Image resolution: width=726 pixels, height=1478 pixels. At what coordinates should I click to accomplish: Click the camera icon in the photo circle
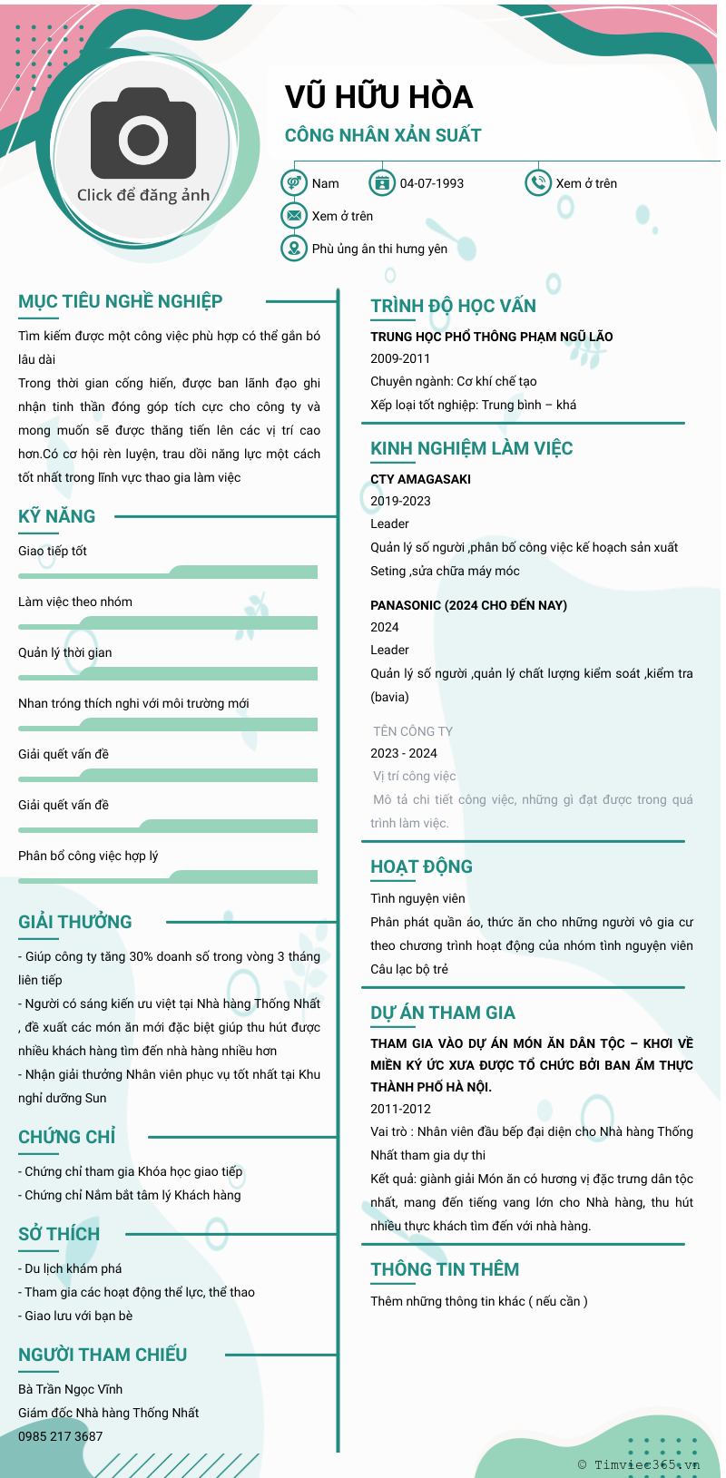143,138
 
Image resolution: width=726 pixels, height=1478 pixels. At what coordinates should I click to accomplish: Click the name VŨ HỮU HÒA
378,97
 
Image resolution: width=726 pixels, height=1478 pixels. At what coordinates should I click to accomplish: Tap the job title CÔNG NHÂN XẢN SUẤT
383,135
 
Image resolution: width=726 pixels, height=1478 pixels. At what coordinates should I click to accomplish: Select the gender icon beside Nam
293,183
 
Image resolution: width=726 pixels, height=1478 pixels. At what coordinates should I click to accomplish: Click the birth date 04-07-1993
431,183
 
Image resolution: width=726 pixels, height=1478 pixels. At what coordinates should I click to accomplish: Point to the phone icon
538,183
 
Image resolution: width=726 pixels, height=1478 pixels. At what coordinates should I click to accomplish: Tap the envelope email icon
293,216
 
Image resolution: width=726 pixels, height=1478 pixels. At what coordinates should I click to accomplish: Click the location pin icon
293,248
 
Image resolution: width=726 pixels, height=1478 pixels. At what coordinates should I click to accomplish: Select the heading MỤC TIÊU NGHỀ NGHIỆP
120,301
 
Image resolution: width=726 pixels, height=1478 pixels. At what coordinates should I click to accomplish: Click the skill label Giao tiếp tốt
53,551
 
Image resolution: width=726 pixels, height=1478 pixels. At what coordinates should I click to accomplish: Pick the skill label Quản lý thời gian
65,652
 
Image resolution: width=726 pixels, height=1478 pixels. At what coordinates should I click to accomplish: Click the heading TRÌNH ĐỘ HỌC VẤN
453,306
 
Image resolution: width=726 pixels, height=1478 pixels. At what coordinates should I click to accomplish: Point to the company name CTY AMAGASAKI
420,479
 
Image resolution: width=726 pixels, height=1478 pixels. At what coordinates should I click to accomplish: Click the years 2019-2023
400,501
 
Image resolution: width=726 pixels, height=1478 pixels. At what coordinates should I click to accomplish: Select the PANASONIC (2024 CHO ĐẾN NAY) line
468,605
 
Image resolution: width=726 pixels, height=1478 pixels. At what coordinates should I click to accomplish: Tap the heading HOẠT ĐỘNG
421,866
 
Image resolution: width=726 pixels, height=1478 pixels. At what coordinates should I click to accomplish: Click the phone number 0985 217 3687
61,1436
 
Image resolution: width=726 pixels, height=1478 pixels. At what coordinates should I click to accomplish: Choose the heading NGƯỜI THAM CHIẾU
103,1355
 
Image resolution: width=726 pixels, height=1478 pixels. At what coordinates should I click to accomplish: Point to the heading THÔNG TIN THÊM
445,1269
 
